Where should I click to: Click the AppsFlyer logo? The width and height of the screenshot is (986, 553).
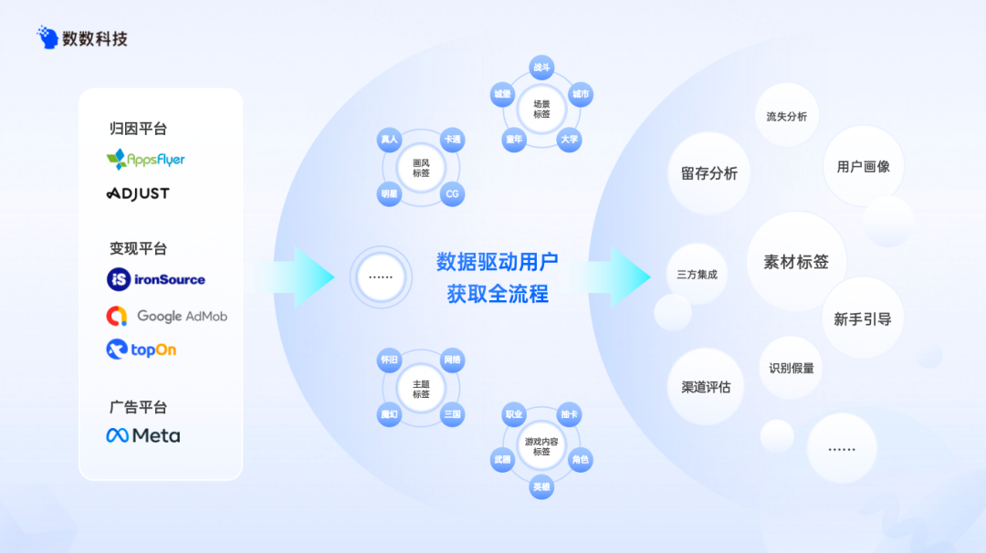click(x=145, y=160)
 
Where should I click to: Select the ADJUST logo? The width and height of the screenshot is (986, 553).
click(x=138, y=193)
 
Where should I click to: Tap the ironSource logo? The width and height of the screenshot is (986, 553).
click(x=156, y=279)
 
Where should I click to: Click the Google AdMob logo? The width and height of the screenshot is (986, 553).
click(x=167, y=316)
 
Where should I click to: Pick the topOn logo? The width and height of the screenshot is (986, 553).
click(x=142, y=350)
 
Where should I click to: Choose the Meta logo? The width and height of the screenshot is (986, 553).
click(x=143, y=435)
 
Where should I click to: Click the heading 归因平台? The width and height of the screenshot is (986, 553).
click(x=138, y=129)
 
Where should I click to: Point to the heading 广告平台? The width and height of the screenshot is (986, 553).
click(x=138, y=407)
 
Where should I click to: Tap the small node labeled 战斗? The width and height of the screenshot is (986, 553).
click(x=541, y=68)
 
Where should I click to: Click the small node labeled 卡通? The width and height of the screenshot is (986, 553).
click(x=451, y=140)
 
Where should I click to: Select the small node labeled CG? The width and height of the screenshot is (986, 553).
click(x=451, y=194)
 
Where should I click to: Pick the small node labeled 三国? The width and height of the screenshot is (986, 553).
click(x=451, y=414)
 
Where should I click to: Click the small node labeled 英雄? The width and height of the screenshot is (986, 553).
click(x=541, y=487)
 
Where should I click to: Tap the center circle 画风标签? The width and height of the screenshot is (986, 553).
click(x=421, y=168)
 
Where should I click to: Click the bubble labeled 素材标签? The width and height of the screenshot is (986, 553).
click(x=796, y=262)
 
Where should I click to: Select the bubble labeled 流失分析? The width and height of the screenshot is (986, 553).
click(x=786, y=117)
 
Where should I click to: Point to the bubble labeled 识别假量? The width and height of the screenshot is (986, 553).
click(x=791, y=368)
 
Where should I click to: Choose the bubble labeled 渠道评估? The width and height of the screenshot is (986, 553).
click(x=706, y=387)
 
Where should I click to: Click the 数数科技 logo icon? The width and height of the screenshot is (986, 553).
click(x=47, y=37)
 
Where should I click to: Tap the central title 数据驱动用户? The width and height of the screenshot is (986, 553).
click(x=497, y=262)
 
